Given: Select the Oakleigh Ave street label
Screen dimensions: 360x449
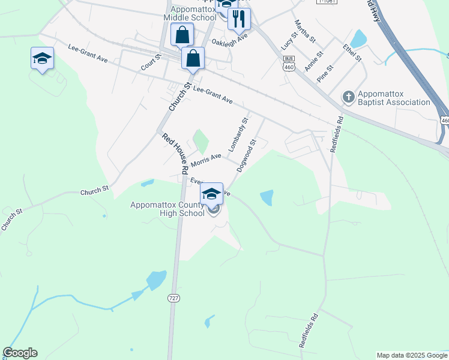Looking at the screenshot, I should [229, 40].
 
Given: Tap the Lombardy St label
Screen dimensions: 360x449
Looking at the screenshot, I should [238, 136].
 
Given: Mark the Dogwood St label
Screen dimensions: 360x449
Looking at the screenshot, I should [247, 155].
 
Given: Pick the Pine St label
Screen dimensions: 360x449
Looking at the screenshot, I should [325, 74].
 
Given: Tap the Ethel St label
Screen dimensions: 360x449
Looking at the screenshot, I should [352, 52].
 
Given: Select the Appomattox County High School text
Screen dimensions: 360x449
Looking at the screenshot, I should [167, 209].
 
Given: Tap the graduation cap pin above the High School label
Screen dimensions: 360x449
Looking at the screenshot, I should [211, 194].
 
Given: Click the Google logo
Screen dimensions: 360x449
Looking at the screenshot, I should [20, 353].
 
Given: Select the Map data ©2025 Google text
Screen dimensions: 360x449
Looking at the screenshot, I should [411, 355].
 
